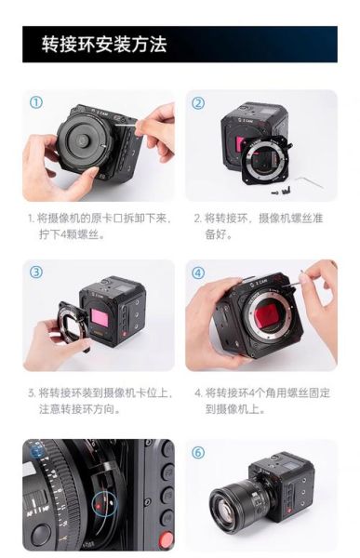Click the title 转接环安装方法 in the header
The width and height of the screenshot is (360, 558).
click(103, 44)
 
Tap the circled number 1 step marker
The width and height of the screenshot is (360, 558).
click(36, 102)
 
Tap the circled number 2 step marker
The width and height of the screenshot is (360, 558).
click(198, 102)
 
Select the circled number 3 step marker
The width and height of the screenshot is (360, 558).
click(36, 272)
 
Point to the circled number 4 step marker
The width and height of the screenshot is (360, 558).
click(198, 272)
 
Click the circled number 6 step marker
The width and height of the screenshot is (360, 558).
click(198, 453)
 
